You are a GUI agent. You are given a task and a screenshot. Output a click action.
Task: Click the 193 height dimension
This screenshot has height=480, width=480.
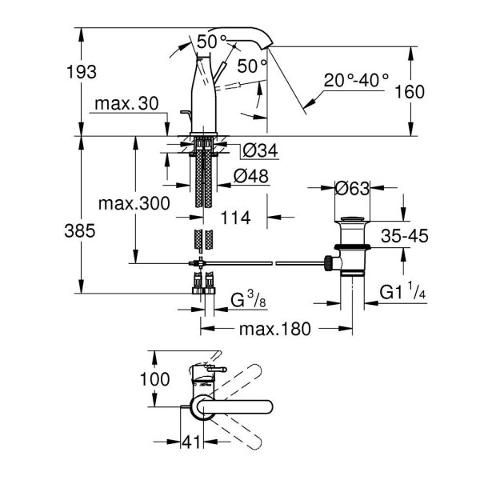point(82,72)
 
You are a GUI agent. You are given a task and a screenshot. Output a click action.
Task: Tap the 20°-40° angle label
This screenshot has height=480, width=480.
point(357,80)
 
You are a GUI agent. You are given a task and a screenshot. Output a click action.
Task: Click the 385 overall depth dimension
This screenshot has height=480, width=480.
point(81,231)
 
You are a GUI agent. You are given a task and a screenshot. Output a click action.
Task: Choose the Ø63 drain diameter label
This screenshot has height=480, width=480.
point(352,189)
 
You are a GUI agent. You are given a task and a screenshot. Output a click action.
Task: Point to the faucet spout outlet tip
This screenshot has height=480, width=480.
point(267,48)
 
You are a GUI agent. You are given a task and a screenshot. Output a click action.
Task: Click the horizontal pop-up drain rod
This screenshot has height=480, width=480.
point(264,262)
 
